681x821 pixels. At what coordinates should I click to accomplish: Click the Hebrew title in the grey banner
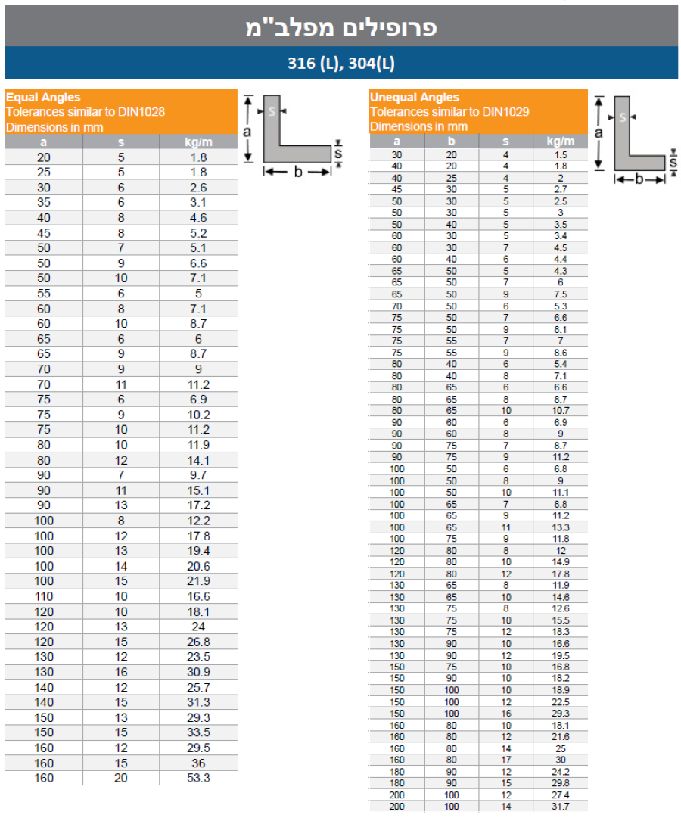click(341, 28)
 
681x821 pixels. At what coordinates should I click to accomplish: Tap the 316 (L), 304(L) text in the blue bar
click(341, 64)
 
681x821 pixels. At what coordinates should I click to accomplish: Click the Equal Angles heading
click(43, 97)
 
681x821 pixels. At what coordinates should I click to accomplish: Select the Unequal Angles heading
click(415, 97)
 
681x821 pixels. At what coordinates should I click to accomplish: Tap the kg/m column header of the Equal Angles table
click(198, 141)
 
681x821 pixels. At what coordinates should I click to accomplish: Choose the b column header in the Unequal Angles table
click(451, 141)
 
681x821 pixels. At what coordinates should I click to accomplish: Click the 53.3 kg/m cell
click(198, 778)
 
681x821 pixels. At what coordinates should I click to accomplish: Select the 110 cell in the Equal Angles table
click(45, 596)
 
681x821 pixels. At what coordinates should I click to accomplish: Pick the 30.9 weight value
click(198, 672)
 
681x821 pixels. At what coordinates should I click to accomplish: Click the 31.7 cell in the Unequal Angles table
click(560, 807)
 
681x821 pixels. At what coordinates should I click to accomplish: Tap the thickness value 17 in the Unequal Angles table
click(506, 760)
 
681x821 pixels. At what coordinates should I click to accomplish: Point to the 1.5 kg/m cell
click(560, 154)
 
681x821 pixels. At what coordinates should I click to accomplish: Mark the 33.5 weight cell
click(198, 732)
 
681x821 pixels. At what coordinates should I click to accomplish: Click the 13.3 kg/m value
click(560, 527)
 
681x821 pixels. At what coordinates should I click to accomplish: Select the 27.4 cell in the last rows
click(560, 795)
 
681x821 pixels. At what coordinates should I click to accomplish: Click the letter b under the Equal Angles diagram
click(297, 173)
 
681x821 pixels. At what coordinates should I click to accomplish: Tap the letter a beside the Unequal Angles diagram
click(599, 133)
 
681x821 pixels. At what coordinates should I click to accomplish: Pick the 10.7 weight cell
click(560, 411)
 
